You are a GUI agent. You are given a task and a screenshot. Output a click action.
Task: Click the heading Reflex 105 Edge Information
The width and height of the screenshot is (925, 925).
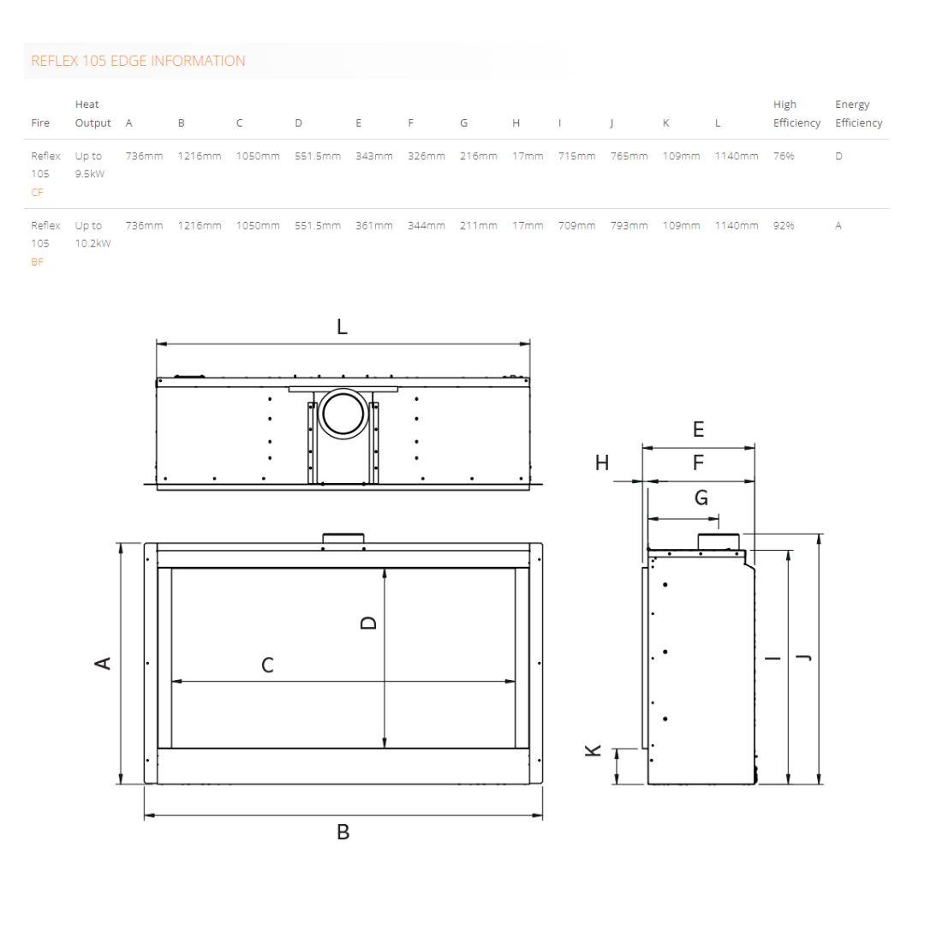[x=138, y=61]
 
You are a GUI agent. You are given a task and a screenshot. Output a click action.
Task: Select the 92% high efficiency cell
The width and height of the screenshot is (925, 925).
[x=784, y=225]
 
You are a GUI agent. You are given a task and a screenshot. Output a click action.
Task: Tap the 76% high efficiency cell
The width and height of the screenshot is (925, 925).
[x=784, y=156]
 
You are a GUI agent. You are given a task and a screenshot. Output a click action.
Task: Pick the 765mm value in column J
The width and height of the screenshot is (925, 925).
[x=629, y=156]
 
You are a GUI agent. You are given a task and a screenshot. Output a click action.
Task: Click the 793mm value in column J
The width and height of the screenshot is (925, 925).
[x=629, y=225]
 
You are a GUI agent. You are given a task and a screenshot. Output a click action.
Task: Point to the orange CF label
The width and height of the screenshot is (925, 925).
[x=37, y=193]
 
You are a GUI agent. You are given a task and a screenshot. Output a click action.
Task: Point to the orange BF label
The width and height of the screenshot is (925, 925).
[x=37, y=262]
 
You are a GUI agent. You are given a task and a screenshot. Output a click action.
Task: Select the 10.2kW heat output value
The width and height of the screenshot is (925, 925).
[x=92, y=243]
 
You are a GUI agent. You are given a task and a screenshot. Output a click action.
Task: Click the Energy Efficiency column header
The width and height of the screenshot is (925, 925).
[x=858, y=113]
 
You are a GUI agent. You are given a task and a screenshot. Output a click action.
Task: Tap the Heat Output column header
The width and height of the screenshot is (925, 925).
[x=92, y=113]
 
